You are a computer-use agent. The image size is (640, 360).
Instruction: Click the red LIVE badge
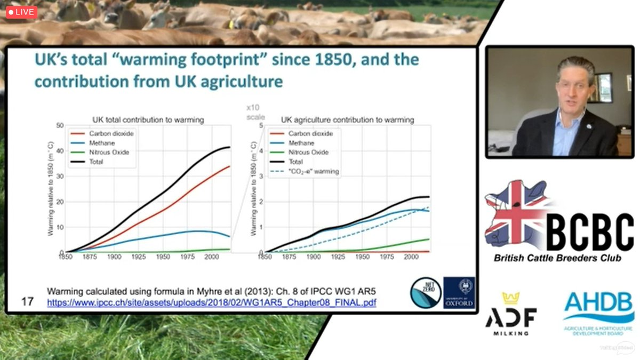pos(22,12)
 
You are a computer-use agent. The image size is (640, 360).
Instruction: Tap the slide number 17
pos(27,301)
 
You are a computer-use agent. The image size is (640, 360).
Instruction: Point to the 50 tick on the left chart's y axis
pos(59,125)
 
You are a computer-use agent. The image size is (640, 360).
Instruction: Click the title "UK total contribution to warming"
pos(148,120)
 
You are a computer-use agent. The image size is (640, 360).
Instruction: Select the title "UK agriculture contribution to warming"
pos(347,120)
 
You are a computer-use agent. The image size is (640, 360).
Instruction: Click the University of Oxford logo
pos(458,292)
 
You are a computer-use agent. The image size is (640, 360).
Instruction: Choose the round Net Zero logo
pos(425,292)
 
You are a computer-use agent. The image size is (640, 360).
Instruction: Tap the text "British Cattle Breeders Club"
pos(557,258)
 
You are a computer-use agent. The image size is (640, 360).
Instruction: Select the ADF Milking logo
pos(510,314)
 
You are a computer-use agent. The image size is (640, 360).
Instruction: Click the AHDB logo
pos(598,312)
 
